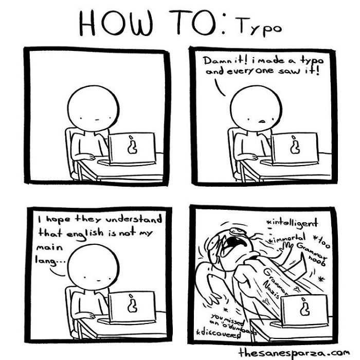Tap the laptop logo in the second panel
294,146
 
